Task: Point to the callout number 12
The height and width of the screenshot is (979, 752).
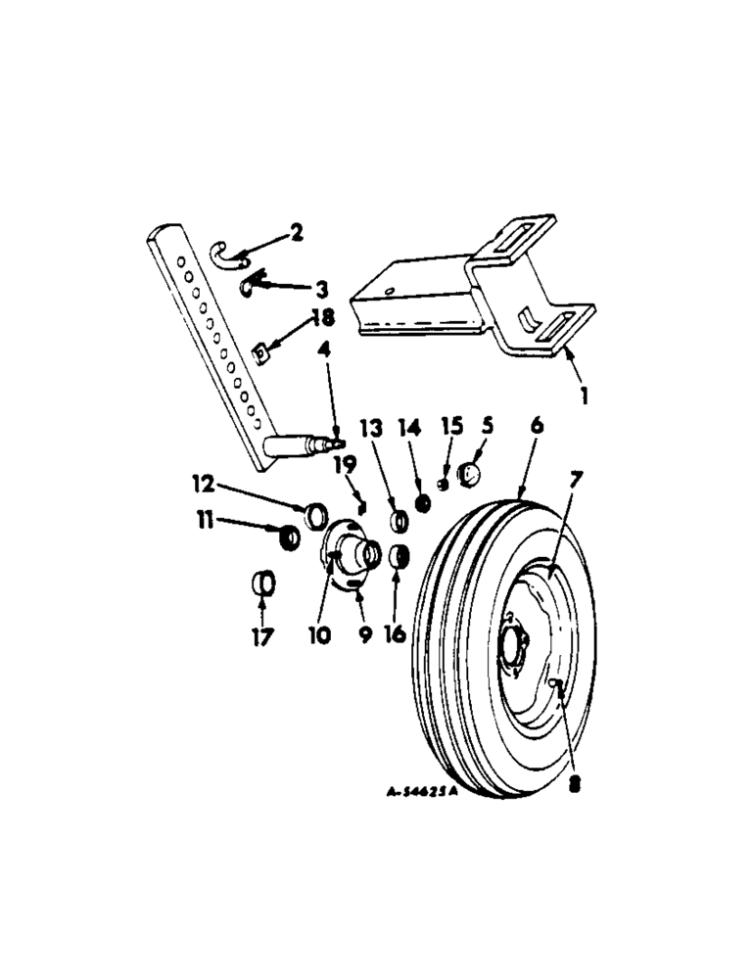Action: pyautogui.click(x=202, y=484)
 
